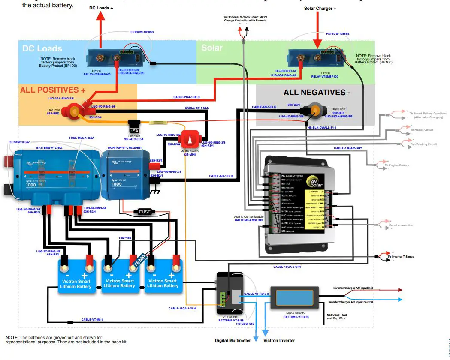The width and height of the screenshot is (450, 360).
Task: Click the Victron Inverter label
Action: pos(279,341)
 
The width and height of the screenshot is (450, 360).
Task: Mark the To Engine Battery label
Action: pos(396,165)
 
